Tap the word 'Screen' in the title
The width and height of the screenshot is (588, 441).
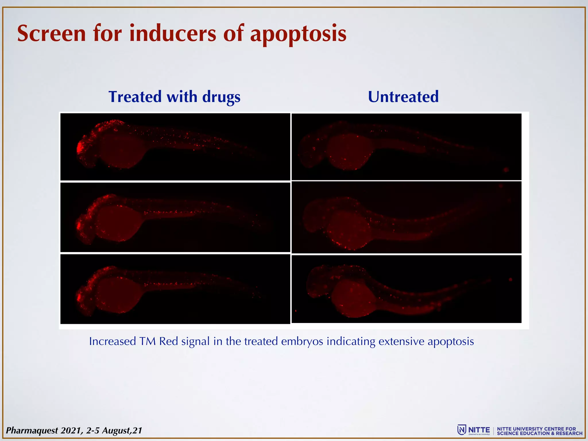(x=52, y=34)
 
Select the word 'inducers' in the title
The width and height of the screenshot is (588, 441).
(x=172, y=34)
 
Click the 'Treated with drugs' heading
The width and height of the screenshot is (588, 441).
(x=174, y=97)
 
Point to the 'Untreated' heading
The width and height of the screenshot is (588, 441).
(x=403, y=97)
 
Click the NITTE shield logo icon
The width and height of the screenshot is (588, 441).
(x=461, y=430)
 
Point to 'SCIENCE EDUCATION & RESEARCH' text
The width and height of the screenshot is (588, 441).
(x=540, y=433)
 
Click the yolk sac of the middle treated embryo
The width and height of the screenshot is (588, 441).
(x=119, y=223)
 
